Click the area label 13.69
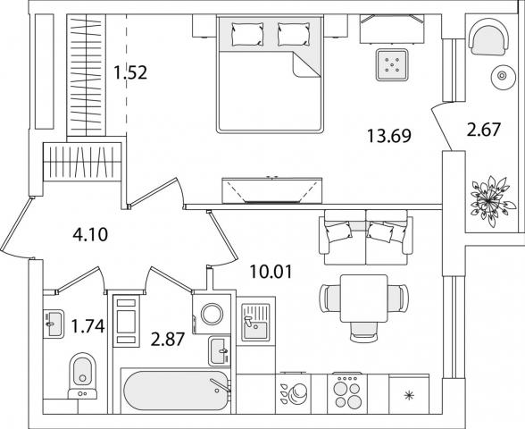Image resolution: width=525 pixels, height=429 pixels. [389, 136]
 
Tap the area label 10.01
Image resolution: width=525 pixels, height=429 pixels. [271, 272]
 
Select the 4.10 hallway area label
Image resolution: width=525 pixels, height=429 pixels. [90, 234]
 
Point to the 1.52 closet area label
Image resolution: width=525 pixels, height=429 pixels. [130, 72]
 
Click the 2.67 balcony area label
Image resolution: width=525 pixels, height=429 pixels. [484, 130]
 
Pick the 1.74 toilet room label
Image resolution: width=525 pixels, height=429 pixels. [88, 326]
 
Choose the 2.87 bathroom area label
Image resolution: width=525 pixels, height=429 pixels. [168, 340]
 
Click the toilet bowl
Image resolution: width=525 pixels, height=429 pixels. [82, 376]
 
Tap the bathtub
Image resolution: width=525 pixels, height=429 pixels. [177, 391]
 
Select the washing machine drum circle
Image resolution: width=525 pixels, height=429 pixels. [212, 314]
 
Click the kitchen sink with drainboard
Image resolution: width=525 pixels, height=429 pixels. [255, 322]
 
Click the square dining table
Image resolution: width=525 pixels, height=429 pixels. [364, 299]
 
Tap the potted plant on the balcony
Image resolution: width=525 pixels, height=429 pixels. [490, 201]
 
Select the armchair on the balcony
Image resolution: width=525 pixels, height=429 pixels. [488, 37]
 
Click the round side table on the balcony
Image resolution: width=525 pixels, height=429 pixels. [502, 76]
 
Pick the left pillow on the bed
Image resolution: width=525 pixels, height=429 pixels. [247, 34]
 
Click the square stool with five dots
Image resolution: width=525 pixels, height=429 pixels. [392, 64]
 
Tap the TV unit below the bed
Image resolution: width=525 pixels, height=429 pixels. [271, 190]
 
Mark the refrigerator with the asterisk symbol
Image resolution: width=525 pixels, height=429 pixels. [409, 394]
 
